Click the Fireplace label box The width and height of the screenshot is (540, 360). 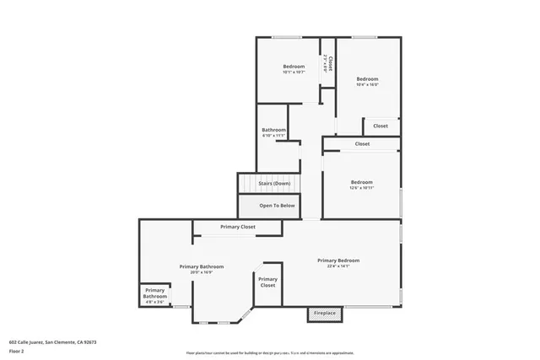pyautogui.click(x=325, y=314)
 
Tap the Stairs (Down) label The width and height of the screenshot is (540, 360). pyautogui.click(x=274, y=183)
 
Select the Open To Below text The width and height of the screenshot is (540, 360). pyautogui.click(x=277, y=206)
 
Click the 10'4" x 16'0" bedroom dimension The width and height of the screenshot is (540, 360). pyautogui.click(x=367, y=84)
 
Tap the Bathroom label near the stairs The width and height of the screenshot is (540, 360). pyautogui.click(x=274, y=130)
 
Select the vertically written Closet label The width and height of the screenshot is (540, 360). pyautogui.click(x=331, y=64)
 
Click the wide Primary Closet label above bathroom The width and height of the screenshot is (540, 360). pyautogui.click(x=238, y=227)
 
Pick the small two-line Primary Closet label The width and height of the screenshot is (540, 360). pyautogui.click(x=267, y=282)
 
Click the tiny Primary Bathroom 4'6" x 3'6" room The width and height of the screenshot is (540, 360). pyautogui.click(x=154, y=295)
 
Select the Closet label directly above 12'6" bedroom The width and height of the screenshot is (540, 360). pyautogui.click(x=362, y=144)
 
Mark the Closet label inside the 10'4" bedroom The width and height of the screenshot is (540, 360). pyautogui.click(x=381, y=126)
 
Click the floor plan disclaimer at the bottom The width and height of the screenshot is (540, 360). pyautogui.click(x=270, y=352)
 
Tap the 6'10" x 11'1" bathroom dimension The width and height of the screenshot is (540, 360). pyautogui.click(x=274, y=136)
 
